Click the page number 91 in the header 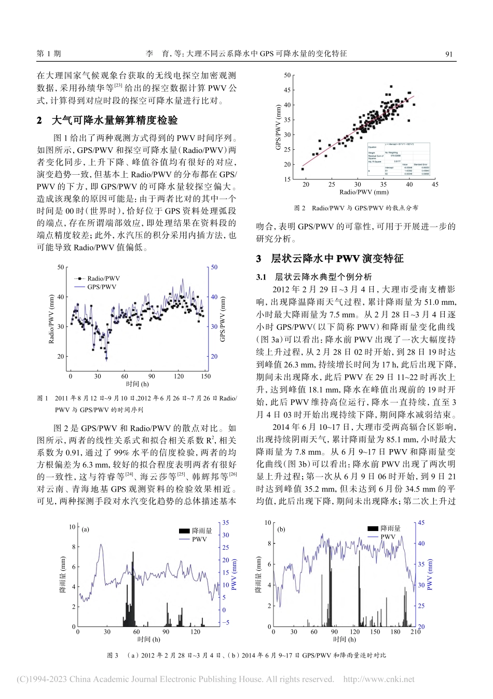(449, 53)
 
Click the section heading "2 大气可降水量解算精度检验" (107, 120)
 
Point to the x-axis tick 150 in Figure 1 (206, 376)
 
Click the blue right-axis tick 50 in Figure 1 (214, 268)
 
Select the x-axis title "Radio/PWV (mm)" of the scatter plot (364, 192)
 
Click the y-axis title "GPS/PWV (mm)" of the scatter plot (279, 128)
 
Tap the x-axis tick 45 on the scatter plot (435, 184)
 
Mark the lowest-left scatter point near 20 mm (303, 169)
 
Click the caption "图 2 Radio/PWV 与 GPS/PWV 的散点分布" (356, 208)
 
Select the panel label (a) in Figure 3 (86, 529)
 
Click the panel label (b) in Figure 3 (282, 529)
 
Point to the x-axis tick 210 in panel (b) (415, 632)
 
